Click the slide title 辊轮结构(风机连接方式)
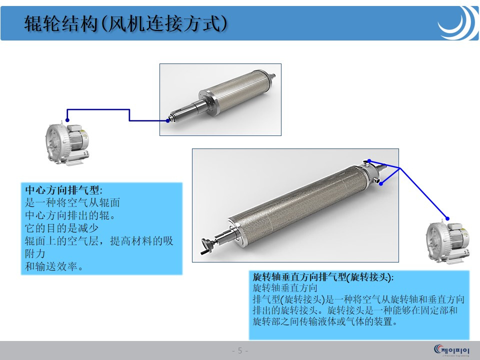125,23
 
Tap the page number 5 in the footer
240,350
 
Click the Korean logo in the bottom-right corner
451,350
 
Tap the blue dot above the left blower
67,120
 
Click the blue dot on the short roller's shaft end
168,120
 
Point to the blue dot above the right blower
447,218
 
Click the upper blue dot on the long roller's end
369,161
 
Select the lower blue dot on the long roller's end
381,183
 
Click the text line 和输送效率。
54,266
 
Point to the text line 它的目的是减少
61,228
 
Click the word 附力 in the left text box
35,253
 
